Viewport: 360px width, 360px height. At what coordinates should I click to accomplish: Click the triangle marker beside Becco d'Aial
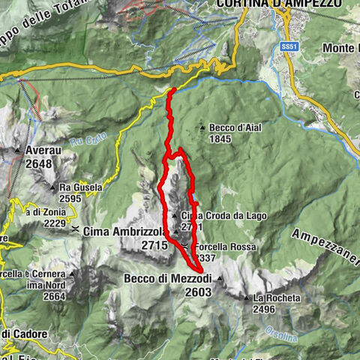click(x=203, y=128)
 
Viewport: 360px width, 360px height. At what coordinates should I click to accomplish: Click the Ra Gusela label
click(x=81, y=187)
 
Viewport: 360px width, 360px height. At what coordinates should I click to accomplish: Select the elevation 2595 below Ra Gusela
click(x=71, y=198)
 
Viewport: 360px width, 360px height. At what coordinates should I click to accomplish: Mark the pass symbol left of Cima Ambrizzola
click(x=76, y=231)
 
